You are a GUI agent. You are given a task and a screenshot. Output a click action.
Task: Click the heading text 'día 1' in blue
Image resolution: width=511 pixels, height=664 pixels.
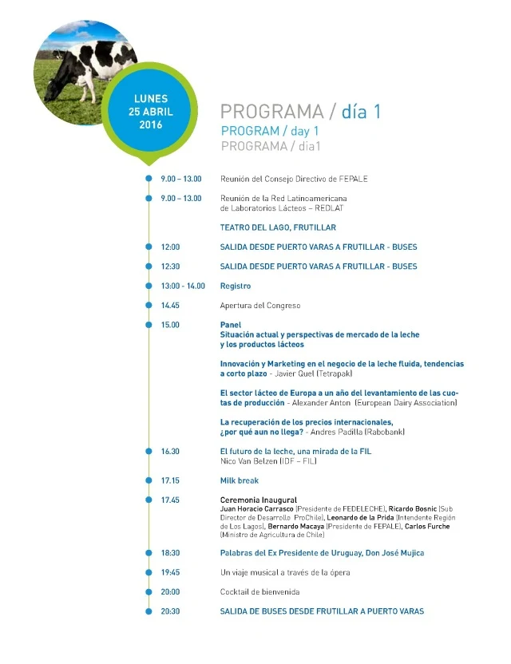[361, 112]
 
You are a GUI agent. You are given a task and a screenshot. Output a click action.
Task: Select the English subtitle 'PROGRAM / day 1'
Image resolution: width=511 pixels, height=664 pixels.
[270, 131]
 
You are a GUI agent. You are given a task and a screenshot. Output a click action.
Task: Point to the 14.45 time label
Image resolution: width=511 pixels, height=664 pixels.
[170, 306]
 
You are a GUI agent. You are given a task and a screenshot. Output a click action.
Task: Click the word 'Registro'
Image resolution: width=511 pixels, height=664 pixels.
[236, 286]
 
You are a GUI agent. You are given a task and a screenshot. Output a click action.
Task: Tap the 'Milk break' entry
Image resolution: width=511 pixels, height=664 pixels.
[240, 481]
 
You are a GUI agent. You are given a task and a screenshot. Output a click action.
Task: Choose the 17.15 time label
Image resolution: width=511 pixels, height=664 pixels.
[170, 481]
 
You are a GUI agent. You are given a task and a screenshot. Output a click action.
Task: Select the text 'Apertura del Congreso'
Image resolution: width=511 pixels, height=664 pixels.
[260, 306]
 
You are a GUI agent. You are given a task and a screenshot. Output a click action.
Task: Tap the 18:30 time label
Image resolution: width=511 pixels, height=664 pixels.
[170, 553]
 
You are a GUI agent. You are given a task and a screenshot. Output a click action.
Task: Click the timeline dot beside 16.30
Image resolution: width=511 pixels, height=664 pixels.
[149, 452]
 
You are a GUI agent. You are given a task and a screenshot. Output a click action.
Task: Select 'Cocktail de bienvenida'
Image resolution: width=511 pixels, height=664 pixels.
[260, 592]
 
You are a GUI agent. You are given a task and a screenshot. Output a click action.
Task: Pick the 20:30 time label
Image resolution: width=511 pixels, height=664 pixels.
[170, 611]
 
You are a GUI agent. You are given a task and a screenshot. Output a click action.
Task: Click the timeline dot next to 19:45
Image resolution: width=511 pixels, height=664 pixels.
[149, 573]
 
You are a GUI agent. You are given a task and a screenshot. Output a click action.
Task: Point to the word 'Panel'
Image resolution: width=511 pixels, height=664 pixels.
[231, 325]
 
